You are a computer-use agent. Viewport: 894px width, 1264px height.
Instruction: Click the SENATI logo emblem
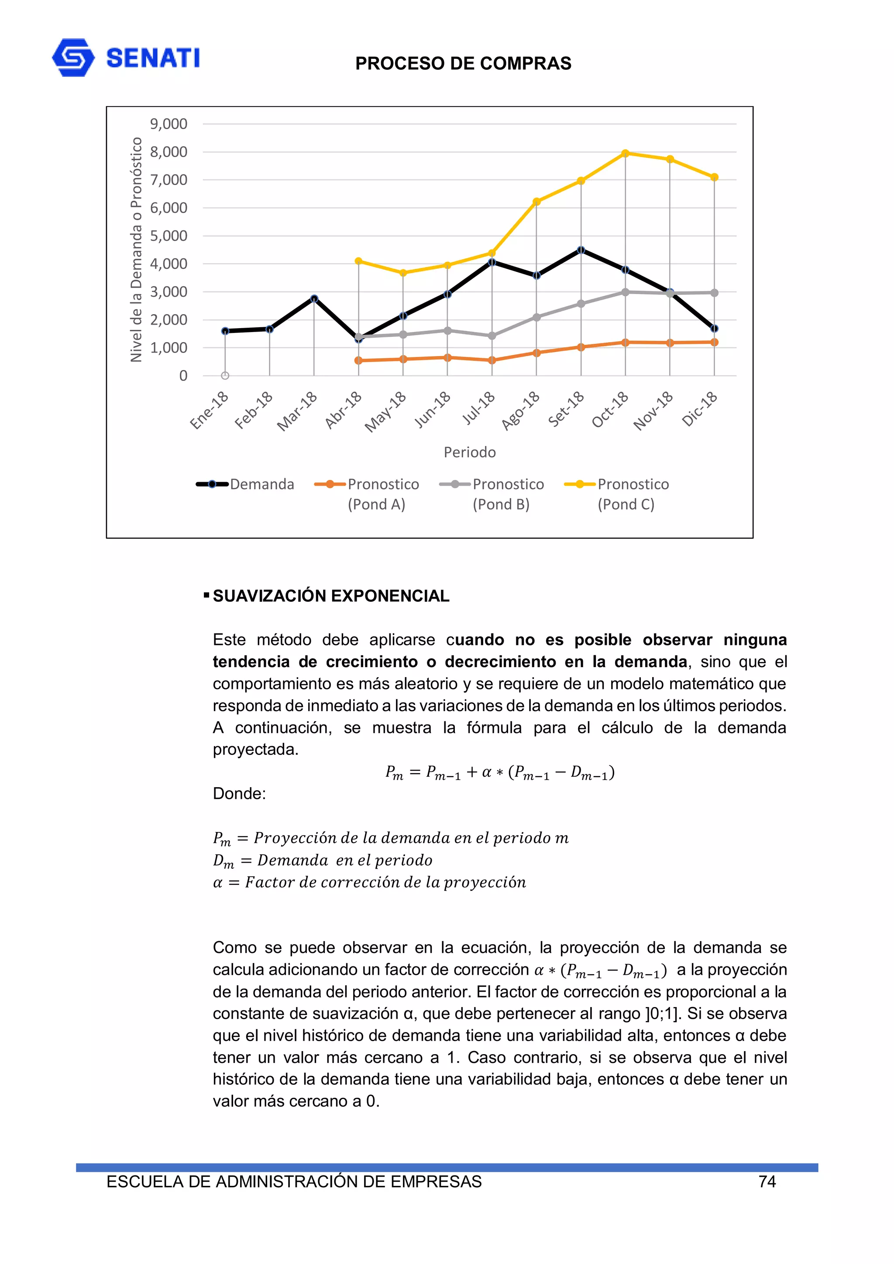click(73, 57)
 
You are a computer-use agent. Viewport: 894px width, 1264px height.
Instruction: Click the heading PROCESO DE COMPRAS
click(463, 63)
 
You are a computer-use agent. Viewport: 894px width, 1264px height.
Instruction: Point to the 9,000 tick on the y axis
click(168, 124)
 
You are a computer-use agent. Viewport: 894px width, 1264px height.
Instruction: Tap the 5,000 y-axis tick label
click(168, 236)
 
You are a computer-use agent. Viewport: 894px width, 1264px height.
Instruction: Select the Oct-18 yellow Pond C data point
click(625, 153)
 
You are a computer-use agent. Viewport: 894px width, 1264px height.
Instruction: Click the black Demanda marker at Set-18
click(581, 250)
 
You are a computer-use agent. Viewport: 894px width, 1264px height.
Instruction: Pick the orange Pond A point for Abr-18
click(358, 360)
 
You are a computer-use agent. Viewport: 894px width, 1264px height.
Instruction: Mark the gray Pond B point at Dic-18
click(715, 293)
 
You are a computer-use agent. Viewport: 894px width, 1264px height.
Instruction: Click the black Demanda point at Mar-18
click(314, 298)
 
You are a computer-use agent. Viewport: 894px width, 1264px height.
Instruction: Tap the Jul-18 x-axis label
click(479, 408)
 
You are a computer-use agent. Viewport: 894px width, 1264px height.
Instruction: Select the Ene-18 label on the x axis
click(210, 410)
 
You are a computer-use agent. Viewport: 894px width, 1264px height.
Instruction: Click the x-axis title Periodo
click(469, 452)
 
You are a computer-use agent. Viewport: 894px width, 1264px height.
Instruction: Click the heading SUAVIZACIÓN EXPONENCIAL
click(331, 596)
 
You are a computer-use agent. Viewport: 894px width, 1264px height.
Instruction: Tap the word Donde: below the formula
click(239, 793)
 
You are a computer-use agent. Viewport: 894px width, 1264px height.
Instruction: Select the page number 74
click(767, 1182)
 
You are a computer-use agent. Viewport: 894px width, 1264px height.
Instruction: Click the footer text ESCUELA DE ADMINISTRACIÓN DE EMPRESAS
click(294, 1182)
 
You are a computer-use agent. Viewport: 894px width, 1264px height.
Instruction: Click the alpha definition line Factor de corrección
click(369, 883)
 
